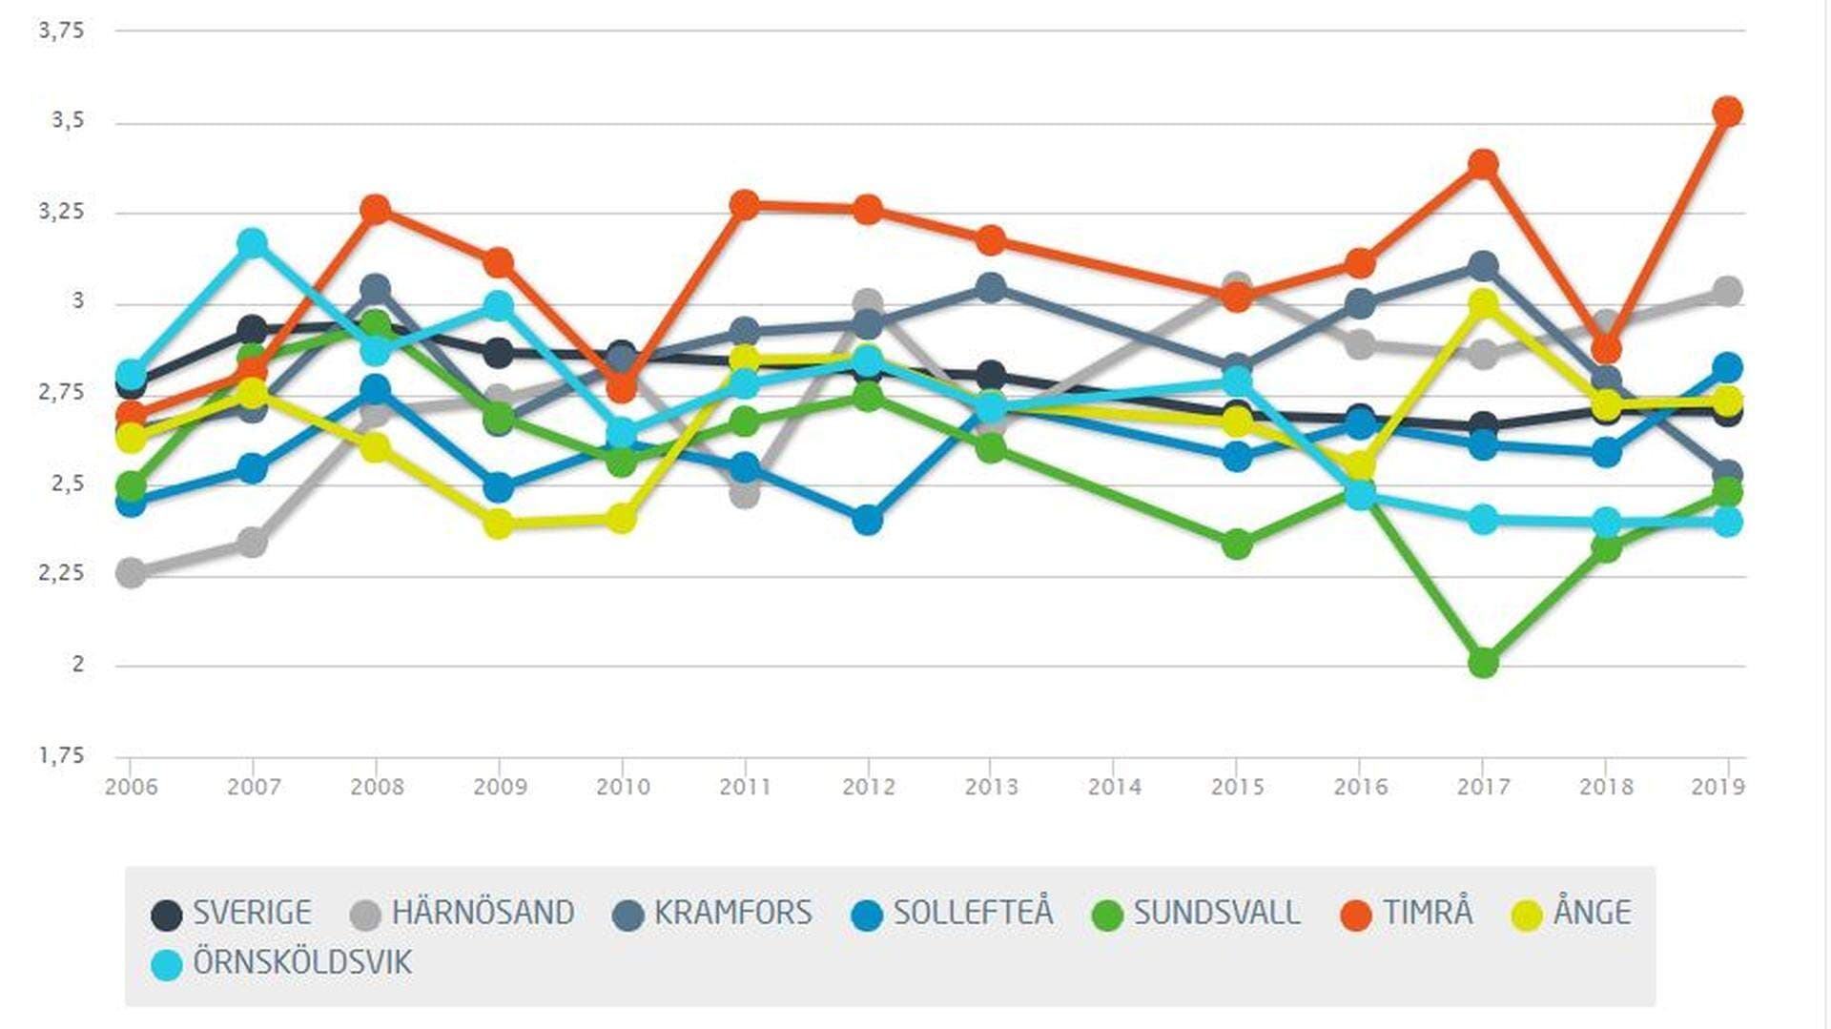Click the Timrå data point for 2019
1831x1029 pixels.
(x=1727, y=112)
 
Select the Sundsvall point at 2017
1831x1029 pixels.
(x=1483, y=662)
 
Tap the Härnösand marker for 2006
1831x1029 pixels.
(x=131, y=572)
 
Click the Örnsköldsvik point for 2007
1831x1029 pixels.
(x=253, y=243)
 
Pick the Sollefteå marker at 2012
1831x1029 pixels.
(x=867, y=520)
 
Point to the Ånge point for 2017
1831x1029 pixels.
(x=1483, y=304)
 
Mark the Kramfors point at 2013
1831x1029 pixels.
(x=991, y=287)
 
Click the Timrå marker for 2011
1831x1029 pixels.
(x=745, y=204)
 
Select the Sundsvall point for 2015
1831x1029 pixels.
(x=1237, y=545)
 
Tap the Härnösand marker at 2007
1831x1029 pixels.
(x=252, y=543)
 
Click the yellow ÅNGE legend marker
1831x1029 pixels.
(x=1527, y=915)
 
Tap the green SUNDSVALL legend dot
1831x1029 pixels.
(x=1107, y=915)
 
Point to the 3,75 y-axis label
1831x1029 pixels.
(x=62, y=31)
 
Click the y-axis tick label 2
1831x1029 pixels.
(x=78, y=664)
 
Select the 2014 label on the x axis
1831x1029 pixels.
(x=1114, y=787)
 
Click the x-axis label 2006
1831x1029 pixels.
(x=131, y=787)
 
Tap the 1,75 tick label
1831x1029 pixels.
(x=62, y=755)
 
